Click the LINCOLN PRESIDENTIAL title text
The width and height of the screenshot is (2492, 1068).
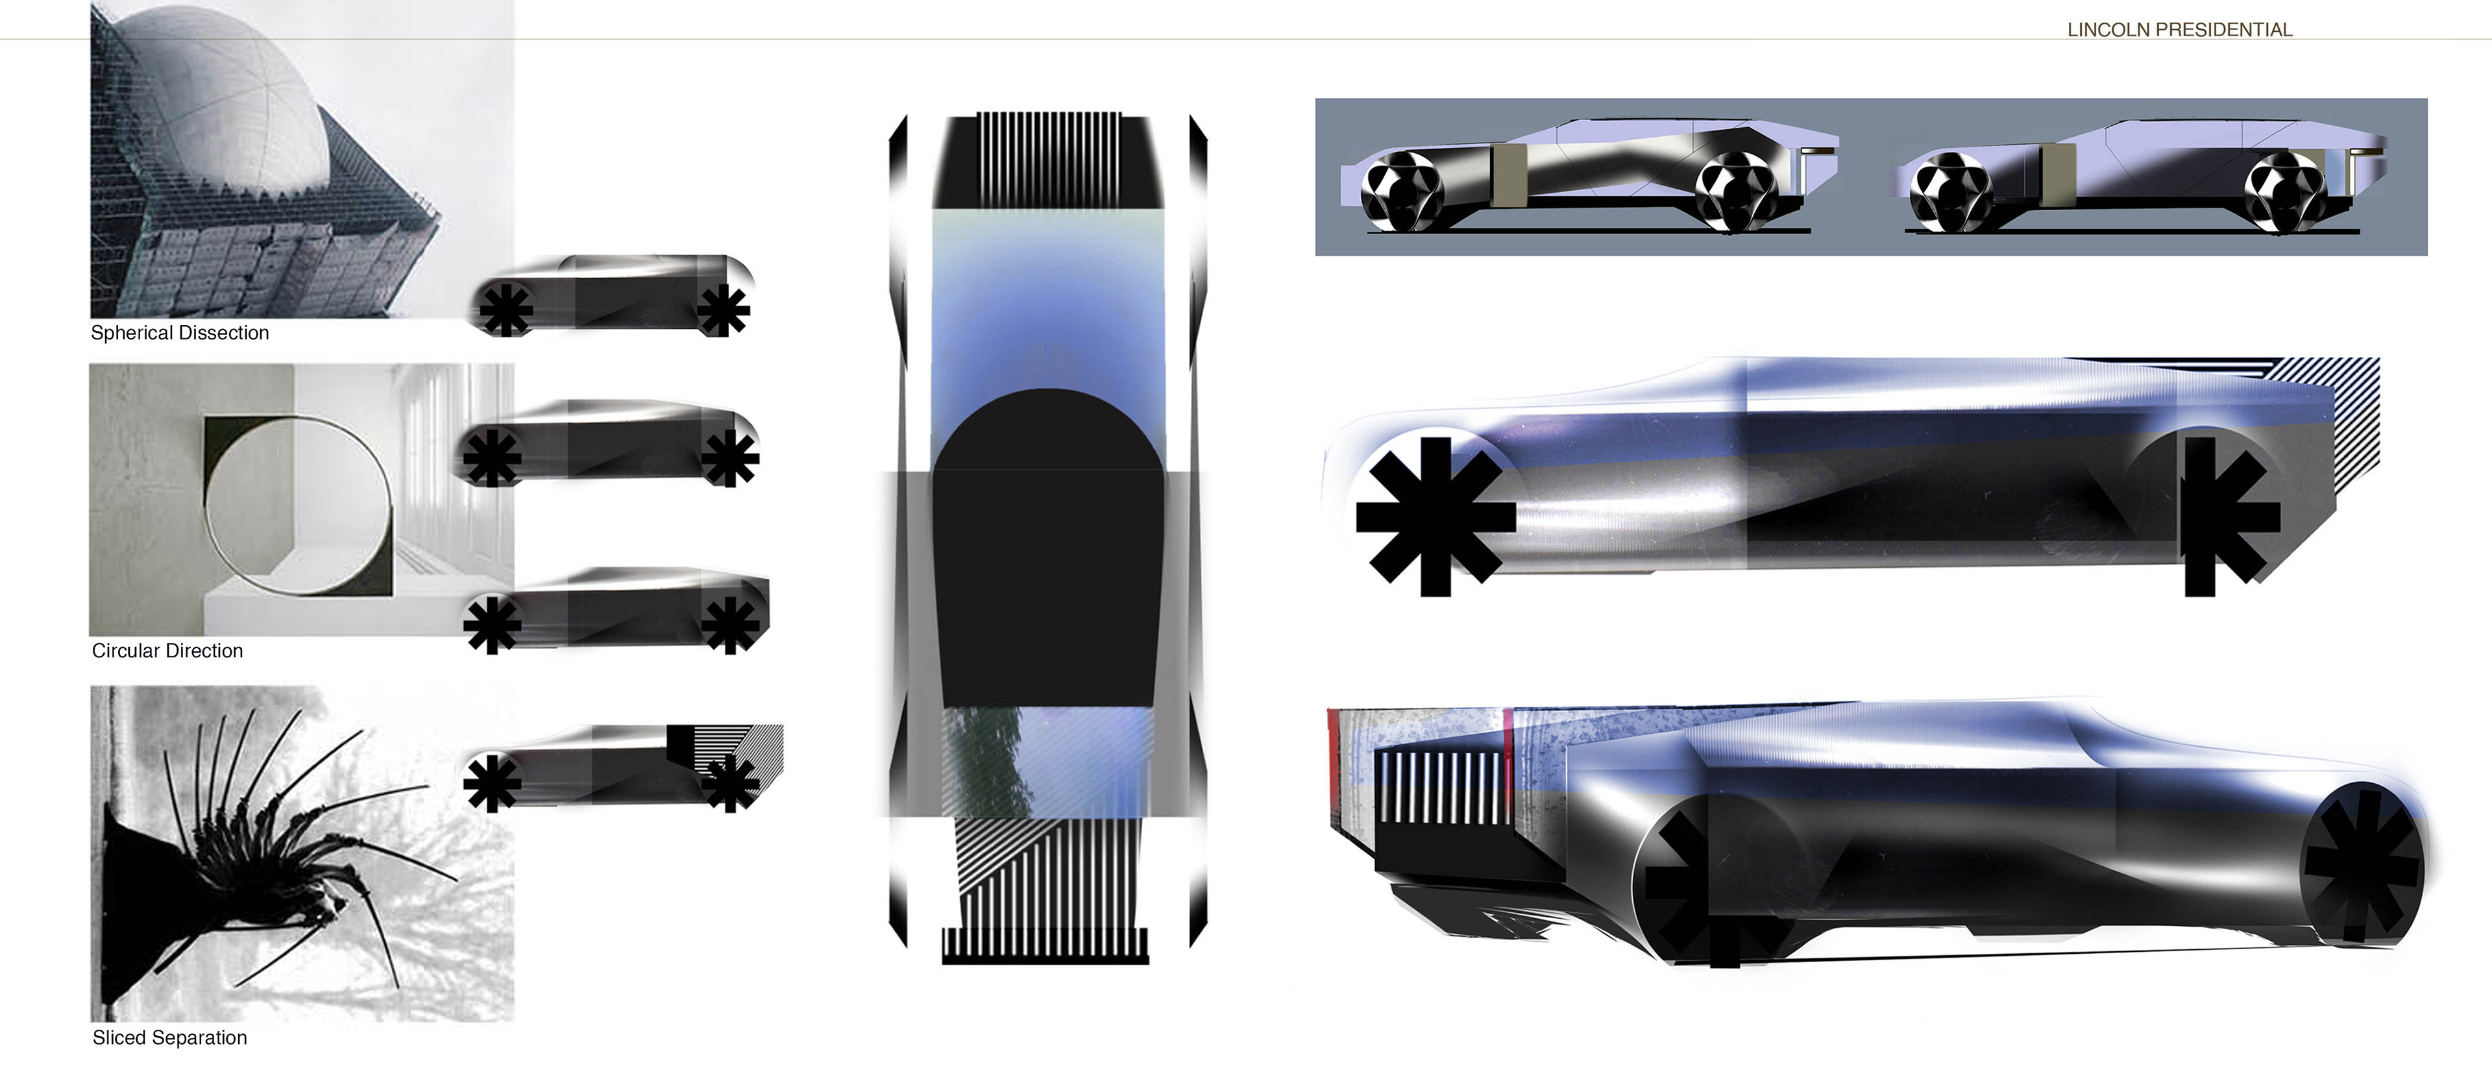tap(2180, 30)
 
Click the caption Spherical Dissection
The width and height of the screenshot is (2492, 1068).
tap(180, 333)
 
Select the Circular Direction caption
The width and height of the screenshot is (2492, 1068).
tap(167, 651)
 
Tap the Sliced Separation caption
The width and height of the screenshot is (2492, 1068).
tap(169, 1038)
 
